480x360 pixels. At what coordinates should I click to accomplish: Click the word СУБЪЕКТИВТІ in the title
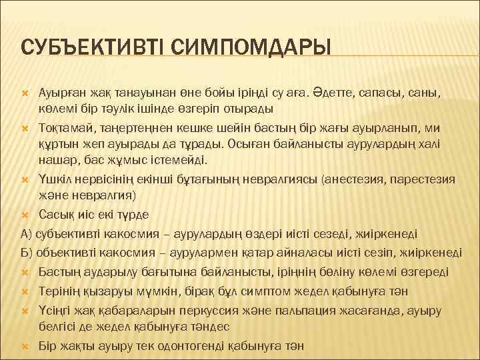[x=93, y=47]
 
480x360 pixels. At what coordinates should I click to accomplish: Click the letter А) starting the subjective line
[x=27, y=233]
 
